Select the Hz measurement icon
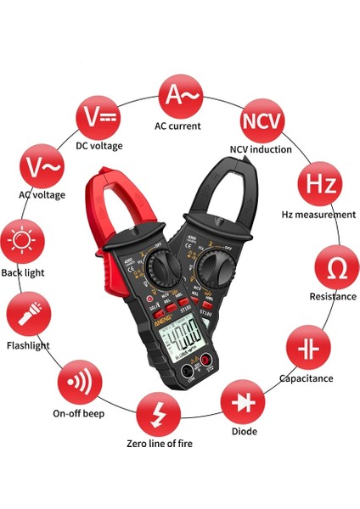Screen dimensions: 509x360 pos(317,183)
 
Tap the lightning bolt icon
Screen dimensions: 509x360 pos(157,413)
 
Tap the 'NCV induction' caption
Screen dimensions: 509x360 pos(261,149)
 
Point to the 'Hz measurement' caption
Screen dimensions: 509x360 pos(318,215)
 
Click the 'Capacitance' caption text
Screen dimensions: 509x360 pos(306,378)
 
